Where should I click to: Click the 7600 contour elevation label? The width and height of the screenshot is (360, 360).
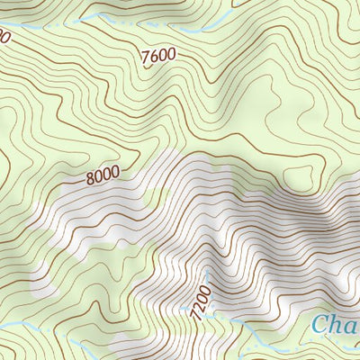point(158,56)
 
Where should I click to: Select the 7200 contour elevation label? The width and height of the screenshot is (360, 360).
point(200,297)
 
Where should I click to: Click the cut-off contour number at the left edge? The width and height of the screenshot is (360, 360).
point(4,36)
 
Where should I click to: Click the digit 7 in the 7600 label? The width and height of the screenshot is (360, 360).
point(147,59)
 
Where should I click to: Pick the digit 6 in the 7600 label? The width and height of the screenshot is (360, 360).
point(155,57)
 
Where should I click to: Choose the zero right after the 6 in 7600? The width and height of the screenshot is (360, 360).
point(163,55)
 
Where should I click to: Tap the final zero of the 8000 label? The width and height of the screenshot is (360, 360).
point(114,170)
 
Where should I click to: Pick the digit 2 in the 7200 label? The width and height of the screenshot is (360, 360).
point(198,301)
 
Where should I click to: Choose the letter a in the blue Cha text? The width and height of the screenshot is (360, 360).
point(351,328)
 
